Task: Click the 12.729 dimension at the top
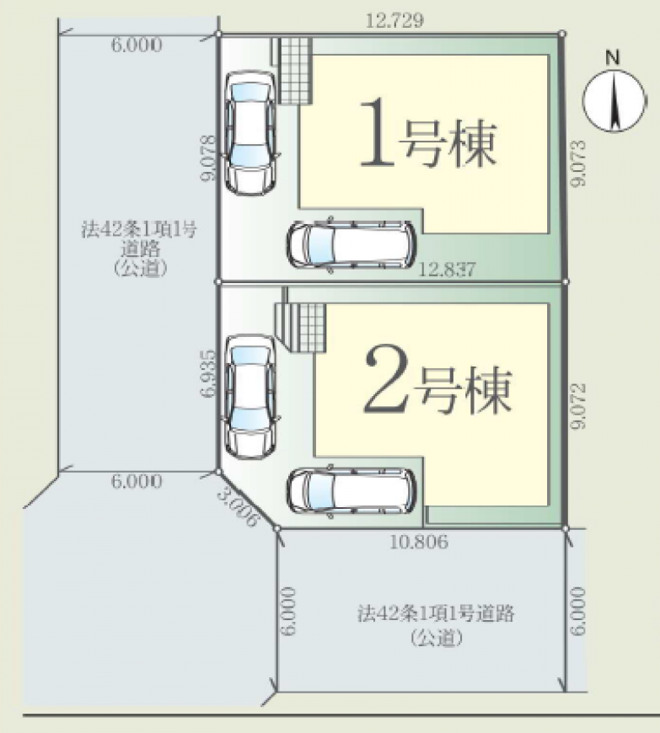coord(394,20)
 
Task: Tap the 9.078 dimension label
coord(207,158)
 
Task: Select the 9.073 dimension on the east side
coord(578,163)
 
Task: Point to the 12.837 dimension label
coord(447,270)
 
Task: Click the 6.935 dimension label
coord(208,373)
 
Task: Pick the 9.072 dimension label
coord(578,406)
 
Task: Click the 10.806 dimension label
coord(419,542)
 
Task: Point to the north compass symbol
coord(614,100)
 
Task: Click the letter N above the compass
coord(612,58)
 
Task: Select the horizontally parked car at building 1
coord(351,244)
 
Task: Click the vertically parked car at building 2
coord(250,397)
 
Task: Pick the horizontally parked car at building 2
coord(351,491)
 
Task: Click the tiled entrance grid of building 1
coord(295,71)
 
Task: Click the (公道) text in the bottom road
coord(437,637)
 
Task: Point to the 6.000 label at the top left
coord(137,45)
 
